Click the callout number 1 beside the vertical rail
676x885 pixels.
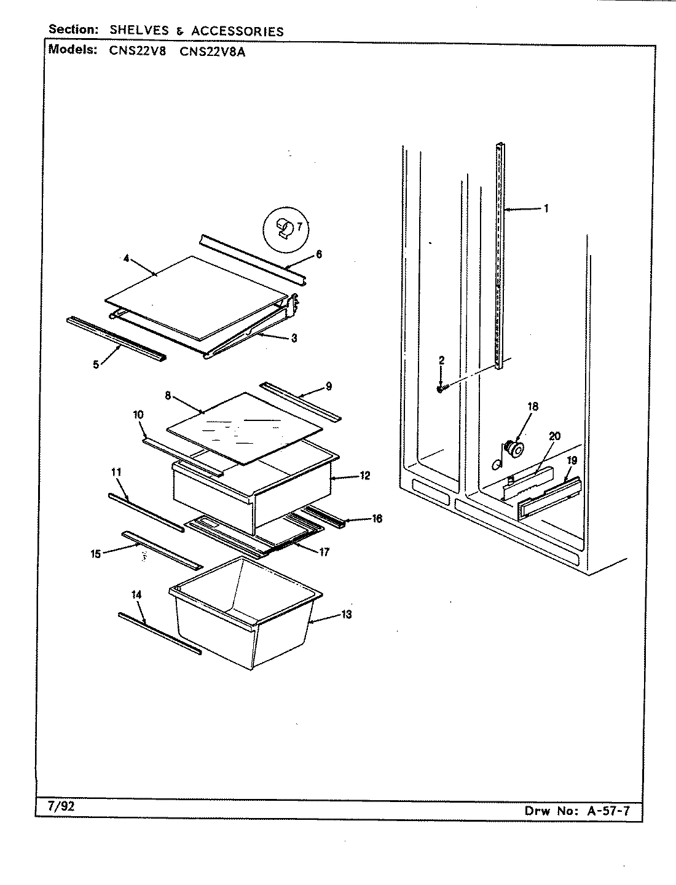(546, 209)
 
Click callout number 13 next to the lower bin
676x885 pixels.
(347, 615)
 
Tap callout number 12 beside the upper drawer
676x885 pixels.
(365, 476)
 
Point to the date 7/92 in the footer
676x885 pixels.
(61, 806)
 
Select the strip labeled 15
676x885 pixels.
(162, 550)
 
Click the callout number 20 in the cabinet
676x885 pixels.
(554, 436)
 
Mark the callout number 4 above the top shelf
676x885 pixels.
(126, 259)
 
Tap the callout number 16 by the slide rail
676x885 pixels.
(377, 519)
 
